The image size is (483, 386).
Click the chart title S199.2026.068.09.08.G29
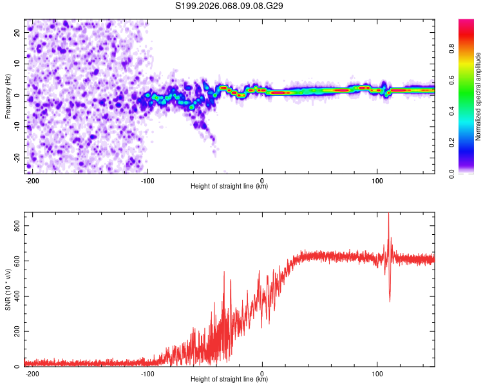coord(230,6)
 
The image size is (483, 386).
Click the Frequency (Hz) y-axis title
coord(8,96)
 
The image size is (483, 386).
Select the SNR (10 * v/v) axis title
coord(8,289)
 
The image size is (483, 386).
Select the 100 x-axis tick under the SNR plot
coord(377,372)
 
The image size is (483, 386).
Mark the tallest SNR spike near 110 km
coord(388,215)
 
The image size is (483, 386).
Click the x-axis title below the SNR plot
coord(229,380)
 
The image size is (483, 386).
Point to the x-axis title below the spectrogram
coord(229,187)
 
